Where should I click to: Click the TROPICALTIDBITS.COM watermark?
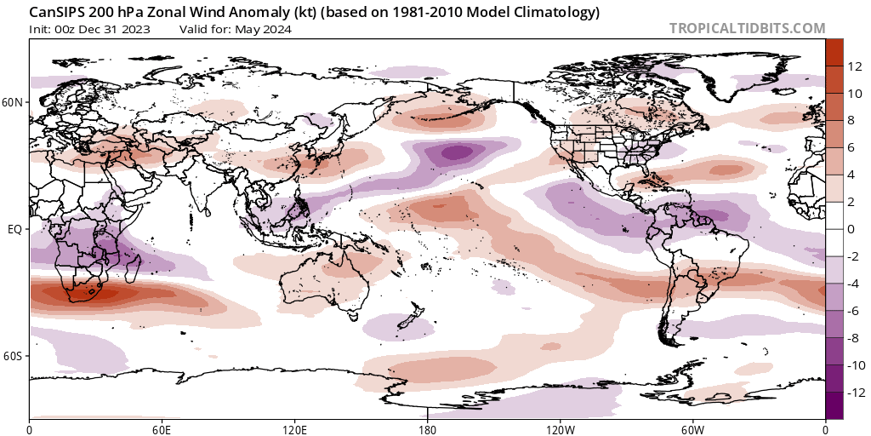point(747,28)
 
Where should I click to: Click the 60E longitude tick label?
point(162,427)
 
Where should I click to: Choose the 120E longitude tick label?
point(294,427)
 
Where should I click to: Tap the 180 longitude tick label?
point(427,427)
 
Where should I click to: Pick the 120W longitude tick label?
point(560,427)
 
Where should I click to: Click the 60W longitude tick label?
point(692,427)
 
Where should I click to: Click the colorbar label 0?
point(851,229)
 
